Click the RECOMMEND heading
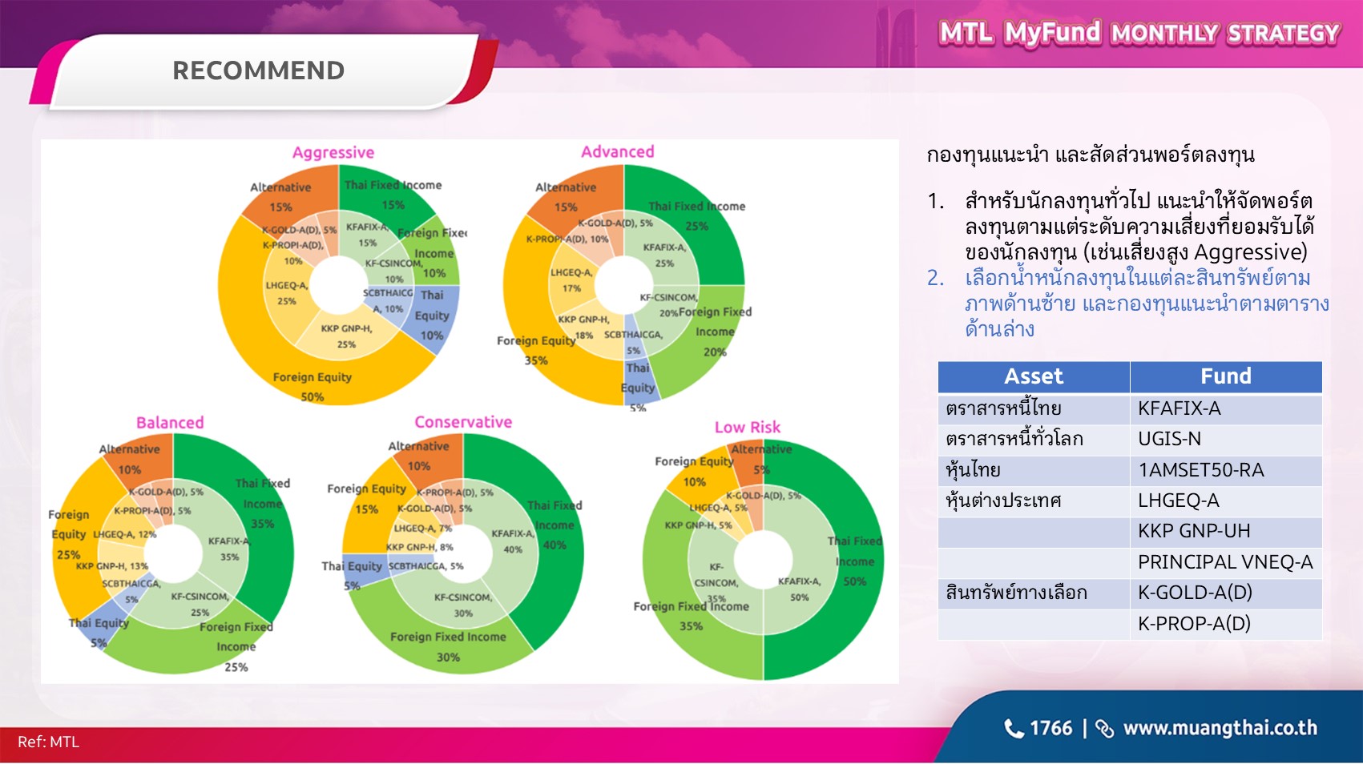pyautogui.click(x=258, y=70)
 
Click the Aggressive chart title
pyautogui.click(x=333, y=152)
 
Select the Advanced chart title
pyautogui.click(x=617, y=151)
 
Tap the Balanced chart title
pyautogui.click(x=170, y=422)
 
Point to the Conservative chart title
pyautogui.click(x=462, y=421)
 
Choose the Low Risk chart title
pyautogui.click(x=747, y=427)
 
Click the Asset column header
pyautogui.click(x=1033, y=376)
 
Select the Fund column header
pyautogui.click(x=1225, y=376)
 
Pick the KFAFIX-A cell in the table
pyautogui.click(x=1179, y=408)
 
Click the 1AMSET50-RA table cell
pyautogui.click(x=1200, y=470)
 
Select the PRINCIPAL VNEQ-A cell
pyautogui.click(x=1224, y=562)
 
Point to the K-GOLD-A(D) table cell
pyautogui.click(x=1194, y=593)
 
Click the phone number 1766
pyautogui.click(x=1050, y=728)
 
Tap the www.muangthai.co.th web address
pyautogui.click(x=1220, y=728)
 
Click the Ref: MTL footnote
pyautogui.click(x=48, y=742)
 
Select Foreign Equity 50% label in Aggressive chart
pyautogui.click(x=312, y=386)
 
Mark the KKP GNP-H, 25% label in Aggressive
pyautogui.click(x=346, y=336)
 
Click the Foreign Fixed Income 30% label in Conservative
pyautogui.click(x=448, y=646)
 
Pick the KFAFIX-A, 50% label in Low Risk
pyautogui.click(x=799, y=589)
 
